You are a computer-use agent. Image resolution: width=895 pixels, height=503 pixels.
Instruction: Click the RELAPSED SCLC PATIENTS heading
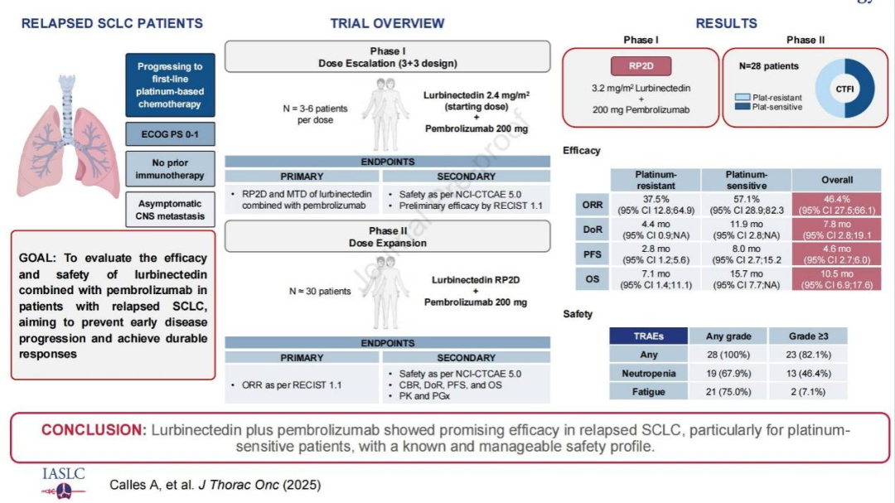tap(112, 23)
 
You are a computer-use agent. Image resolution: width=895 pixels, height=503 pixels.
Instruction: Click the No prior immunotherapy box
tap(170, 169)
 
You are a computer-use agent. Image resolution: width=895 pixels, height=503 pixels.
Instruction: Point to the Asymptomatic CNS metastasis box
tap(170, 210)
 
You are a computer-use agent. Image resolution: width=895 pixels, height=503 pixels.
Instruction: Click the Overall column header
tap(837, 180)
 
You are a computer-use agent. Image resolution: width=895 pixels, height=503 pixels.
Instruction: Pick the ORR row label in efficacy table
tap(592, 205)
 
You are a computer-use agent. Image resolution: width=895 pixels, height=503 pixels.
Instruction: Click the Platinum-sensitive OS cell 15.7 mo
tap(746, 279)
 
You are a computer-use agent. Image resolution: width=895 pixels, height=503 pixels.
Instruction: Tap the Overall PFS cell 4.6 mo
tap(837, 254)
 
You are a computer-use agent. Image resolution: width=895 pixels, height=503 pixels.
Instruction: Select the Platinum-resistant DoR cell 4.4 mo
tap(656, 229)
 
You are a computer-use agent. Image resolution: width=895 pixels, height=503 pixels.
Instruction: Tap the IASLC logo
tap(63, 481)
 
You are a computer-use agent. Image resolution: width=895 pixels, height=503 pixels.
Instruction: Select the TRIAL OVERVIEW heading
tap(387, 23)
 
